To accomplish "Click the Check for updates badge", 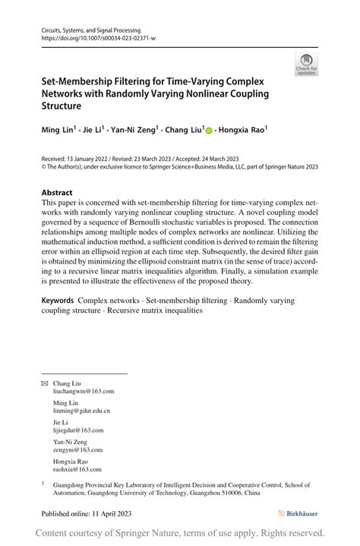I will coord(306,64).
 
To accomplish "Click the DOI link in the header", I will coord(98,37).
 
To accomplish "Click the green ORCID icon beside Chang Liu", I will coord(208,131).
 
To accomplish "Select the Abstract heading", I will coord(57,192).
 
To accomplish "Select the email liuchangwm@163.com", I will coord(84,391).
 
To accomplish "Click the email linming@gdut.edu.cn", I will coord(81,410).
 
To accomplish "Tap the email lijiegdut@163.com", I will coord(78,430).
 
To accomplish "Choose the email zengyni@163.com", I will coord(77,449).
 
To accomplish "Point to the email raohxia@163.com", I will coord(77,469).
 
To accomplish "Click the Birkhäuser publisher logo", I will coord(298,513).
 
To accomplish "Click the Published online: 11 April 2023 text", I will coord(87,513).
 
